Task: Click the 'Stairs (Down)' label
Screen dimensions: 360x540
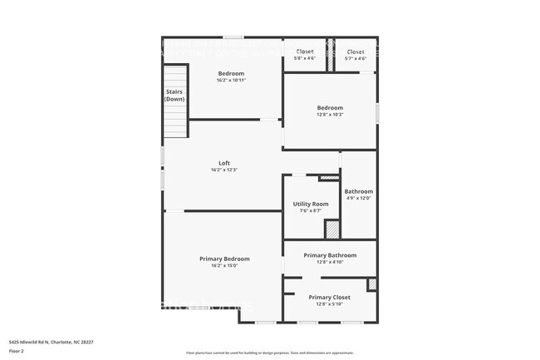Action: point(174,96)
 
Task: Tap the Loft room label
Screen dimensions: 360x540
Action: point(224,163)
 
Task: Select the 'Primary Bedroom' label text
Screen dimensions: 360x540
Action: point(224,259)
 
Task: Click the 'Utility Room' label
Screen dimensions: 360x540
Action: point(311,204)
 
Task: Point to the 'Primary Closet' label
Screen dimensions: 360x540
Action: point(330,297)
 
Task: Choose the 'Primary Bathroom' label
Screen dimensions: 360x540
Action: point(330,255)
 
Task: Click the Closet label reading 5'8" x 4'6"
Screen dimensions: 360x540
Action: point(305,52)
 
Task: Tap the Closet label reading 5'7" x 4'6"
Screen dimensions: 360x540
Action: point(355,52)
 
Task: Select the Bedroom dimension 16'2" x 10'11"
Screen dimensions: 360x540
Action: point(231,81)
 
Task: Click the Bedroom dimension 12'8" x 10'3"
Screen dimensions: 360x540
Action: point(330,115)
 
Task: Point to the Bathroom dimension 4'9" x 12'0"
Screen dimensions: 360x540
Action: point(358,198)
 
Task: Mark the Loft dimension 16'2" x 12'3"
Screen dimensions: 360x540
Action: point(224,170)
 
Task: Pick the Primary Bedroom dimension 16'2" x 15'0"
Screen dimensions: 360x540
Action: point(224,266)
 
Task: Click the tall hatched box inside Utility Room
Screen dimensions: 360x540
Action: point(331,229)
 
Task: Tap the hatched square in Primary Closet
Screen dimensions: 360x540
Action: point(372,284)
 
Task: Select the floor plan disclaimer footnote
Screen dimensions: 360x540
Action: point(269,353)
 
